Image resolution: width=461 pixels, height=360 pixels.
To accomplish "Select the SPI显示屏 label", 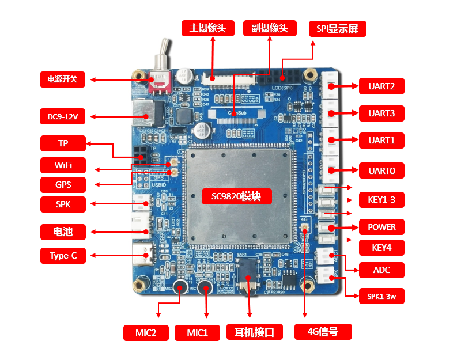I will click(337, 29).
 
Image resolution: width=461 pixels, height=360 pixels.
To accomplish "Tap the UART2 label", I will click(381, 86).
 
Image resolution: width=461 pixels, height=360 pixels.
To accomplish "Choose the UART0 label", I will click(381, 170).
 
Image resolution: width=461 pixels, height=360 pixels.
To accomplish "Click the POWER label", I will click(381, 227).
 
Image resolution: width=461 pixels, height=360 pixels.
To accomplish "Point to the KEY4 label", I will click(381, 248).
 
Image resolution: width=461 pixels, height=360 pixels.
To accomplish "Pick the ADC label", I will click(381, 269).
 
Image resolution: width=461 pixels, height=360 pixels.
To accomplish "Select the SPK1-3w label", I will click(381, 296).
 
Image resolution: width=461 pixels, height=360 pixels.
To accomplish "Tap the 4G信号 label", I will click(323, 332).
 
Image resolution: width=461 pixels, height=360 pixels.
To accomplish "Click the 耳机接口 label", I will click(254, 332).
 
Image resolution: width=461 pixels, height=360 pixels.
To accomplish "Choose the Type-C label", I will click(63, 256).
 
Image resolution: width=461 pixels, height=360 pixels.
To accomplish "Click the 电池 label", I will click(63, 232).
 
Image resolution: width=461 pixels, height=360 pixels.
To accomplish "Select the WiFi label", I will click(63, 165).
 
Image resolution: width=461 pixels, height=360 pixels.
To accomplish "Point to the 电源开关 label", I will click(62, 79).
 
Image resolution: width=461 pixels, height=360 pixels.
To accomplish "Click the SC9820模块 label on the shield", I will click(236, 196).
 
